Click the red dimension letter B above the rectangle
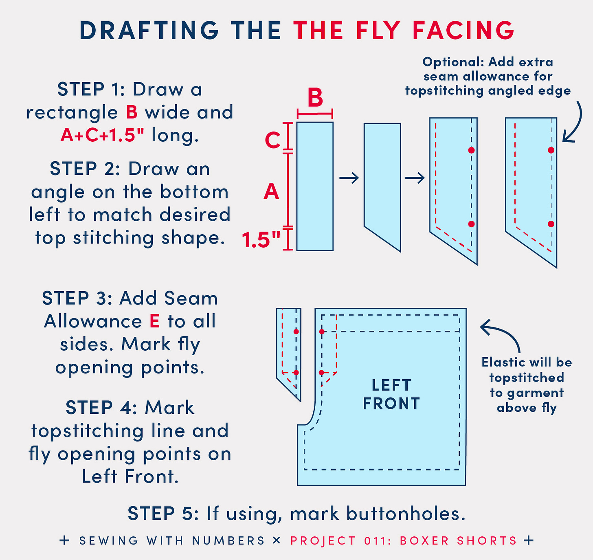[x=315, y=97]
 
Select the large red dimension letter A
[x=271, y=191]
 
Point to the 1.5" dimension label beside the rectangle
[x=261, y=240]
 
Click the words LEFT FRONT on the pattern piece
[x=391, y=394]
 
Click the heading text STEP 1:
[x=91, y=89]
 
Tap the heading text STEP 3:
[x=77, y=298]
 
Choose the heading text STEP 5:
[x=163, y=514]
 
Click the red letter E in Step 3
[x=155, y=321]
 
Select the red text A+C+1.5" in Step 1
[x=102, y=135]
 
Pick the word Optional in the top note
[x=453, y=62]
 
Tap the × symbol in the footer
[x=277, y=540]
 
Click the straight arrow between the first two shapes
[x=349, y=178]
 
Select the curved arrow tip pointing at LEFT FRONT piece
[x=481, y=327]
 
